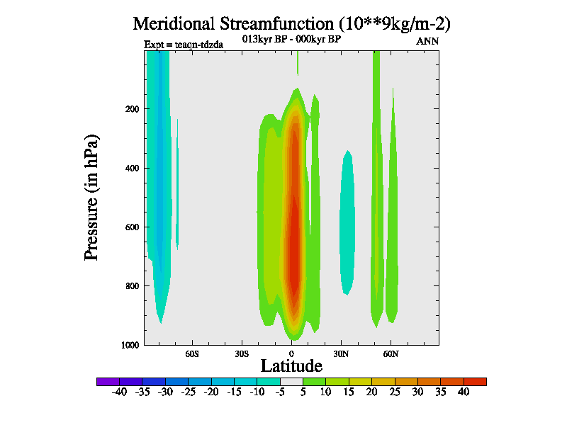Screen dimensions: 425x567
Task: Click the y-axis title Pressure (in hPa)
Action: point(91,196)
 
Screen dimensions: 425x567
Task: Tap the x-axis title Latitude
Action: point(291,365)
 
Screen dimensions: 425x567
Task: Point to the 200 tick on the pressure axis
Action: point(130,109)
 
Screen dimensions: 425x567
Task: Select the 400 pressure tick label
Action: point(130,168)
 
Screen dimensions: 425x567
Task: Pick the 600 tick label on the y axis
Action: point(130,227)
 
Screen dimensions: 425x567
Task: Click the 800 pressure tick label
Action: point(130,286)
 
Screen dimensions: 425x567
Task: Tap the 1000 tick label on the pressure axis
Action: point(128,345)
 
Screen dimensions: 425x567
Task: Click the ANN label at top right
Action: point(427,41)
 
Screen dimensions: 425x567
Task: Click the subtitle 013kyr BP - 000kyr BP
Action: point(291,39)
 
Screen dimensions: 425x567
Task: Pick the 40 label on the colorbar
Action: point(463,392)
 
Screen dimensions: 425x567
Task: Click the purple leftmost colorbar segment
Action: point(108,381)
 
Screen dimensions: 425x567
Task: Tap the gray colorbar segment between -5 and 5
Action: point(291,381)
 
